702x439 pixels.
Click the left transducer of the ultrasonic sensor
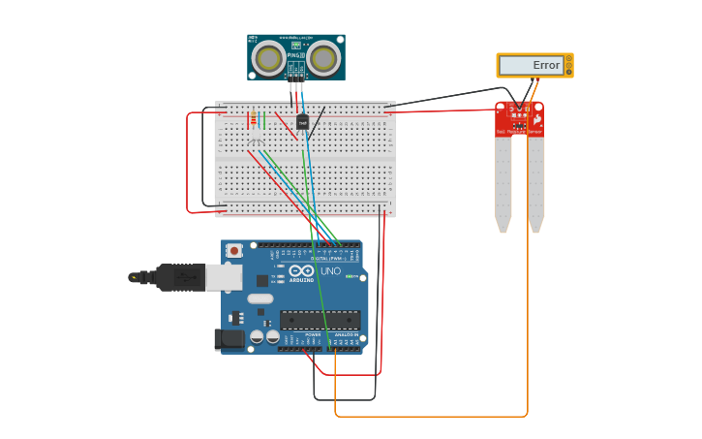(268, 59)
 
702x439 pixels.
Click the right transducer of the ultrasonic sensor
(324, 59)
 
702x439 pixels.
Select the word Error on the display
(546, 66)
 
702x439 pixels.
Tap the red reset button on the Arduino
(233, 250)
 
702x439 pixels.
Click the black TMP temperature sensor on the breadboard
(302, 123)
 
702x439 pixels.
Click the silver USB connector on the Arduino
(224, 277)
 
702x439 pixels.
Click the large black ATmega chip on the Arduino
(320, 320)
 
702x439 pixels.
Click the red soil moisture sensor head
(520, 119)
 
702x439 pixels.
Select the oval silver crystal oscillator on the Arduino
(260, 298)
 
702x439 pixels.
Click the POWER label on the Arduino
(313, 334)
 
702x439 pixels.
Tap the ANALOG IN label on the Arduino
(346, 334)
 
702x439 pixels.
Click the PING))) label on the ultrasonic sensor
(295, 56)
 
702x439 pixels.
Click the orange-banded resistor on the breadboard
(254, 120)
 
